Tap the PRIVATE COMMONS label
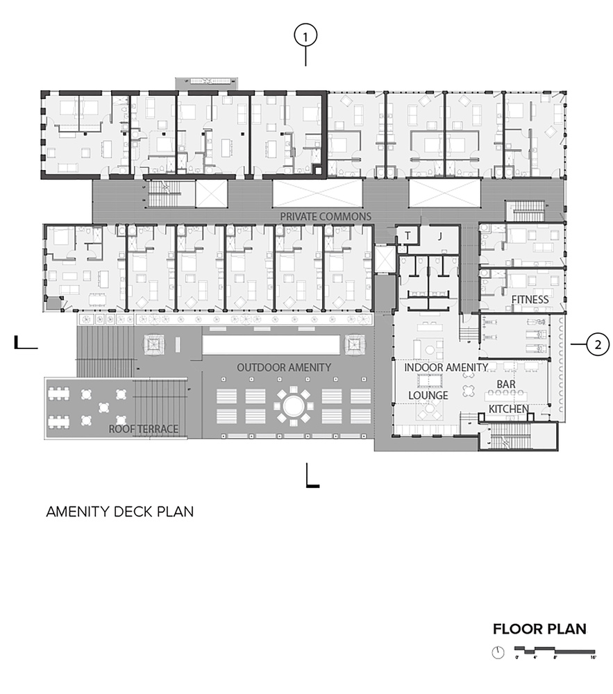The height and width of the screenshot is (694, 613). (x=325, y=217)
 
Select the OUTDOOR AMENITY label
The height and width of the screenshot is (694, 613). (x=284, y=367)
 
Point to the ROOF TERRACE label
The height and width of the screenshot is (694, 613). (x=144, y=430)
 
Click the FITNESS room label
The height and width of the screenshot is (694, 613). (x=530, y=300)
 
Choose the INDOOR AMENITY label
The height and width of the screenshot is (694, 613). (x=446, y=367)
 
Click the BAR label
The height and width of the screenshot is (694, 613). (x=505, y=384)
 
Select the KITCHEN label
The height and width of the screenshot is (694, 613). (x=509, y=409)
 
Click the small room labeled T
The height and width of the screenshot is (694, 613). (x=408, y=236)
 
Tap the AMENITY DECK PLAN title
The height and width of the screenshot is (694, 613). (x=119, y=512)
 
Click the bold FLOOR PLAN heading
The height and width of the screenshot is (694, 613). (x=539, y=629)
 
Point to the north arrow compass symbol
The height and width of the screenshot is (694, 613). (x=497, y=652)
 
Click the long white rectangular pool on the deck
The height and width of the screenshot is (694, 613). (x=271, y=345)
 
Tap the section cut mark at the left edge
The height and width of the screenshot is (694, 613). (x=24, y=343)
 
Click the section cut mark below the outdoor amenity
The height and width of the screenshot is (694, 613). (x=312, y=477)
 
